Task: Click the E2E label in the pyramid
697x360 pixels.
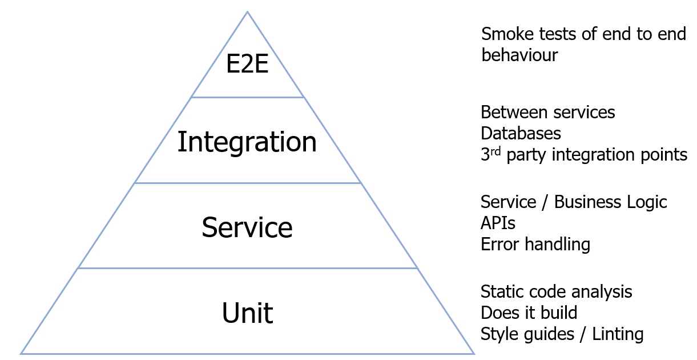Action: [247, 65]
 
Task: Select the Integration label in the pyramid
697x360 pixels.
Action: [247, 142]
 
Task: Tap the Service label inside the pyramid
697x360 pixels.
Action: [247, 227]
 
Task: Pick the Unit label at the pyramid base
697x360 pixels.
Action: [247, 313]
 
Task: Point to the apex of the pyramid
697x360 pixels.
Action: [247, 12]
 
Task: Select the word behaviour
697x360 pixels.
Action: [519, 55]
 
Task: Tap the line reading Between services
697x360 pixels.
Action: [547, 112]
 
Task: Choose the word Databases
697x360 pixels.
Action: [521, 133]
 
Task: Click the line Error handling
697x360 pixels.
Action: [535, 245]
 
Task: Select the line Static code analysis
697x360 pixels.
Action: [556, 292]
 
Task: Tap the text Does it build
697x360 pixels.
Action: [529, 313]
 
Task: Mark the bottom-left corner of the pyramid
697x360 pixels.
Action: [21, 353]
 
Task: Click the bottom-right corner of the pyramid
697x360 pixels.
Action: [473, 353]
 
